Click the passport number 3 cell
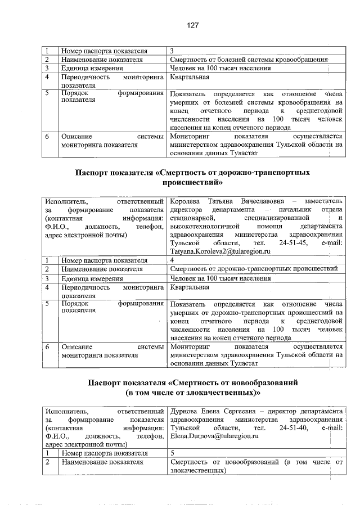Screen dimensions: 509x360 (172, 51)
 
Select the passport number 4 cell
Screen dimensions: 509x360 (172, 260)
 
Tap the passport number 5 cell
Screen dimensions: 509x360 (172, 453)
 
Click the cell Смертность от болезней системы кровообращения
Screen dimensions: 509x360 (248, 59)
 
